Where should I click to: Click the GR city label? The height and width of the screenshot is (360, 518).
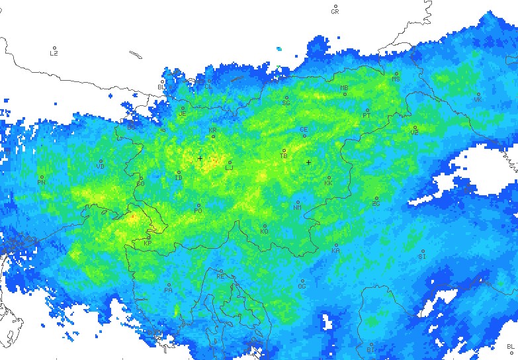pos(335,12)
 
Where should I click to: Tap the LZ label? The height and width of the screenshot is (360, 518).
pos(54,54)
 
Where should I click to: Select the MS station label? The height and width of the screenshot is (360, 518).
pos(396,79)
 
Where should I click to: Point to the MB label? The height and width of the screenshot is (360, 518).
pos(344,88)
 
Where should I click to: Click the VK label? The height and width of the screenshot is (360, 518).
pos(478,100)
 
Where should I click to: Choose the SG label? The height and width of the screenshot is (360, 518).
pos(286,103)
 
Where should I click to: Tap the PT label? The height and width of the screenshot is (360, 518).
pos(367,116)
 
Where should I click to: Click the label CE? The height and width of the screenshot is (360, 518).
pos(304,130)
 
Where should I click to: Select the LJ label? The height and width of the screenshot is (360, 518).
pos(230,168)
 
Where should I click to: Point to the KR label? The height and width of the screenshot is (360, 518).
pos(212,130)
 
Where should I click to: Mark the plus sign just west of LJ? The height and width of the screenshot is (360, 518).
pos(200,158)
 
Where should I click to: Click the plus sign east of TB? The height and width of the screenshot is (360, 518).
pos(308,162)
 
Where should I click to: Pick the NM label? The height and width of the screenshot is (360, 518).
pos(298,208)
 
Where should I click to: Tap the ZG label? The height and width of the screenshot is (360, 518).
pos(376,204)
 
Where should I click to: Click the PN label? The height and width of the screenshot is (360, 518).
pos(41,182)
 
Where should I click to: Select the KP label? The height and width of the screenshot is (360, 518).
pos(148,244)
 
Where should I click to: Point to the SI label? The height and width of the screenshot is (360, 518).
pos(422,257)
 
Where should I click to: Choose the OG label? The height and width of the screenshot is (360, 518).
pos(302,286)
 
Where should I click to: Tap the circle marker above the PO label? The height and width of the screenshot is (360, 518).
pos(198,205)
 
